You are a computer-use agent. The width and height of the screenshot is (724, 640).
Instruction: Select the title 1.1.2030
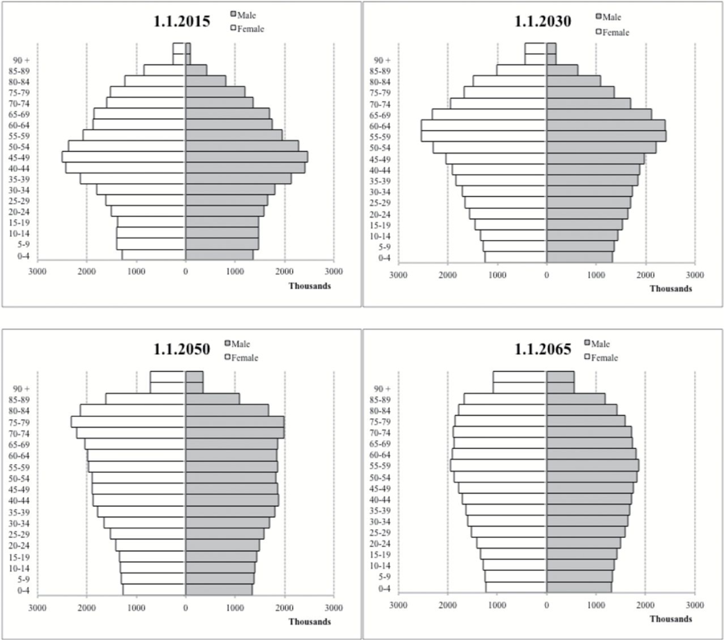[x=543, y=22]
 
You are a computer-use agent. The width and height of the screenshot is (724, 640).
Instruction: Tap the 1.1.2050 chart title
[x=181, y=349]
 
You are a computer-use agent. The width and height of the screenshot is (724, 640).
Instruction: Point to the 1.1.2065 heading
[x=543, y=349]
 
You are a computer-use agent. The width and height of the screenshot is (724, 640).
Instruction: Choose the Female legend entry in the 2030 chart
[x=614, y=32]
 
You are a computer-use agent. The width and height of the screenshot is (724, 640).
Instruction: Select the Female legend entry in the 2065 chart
[x=606, y=357]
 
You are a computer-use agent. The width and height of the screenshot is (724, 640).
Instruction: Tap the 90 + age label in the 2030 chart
[x=382, y=60]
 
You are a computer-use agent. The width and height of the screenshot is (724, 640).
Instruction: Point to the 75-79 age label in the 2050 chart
[x=18, y=422]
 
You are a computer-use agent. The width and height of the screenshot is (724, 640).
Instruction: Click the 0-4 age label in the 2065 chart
[x=384, y=589]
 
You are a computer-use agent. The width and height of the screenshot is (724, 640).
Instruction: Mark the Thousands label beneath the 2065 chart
[x=670, y=619]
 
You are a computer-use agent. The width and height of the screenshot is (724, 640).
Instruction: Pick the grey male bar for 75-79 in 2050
[x=234, y=422]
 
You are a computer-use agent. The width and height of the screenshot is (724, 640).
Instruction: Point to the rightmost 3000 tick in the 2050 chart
[x=334, y=607]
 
